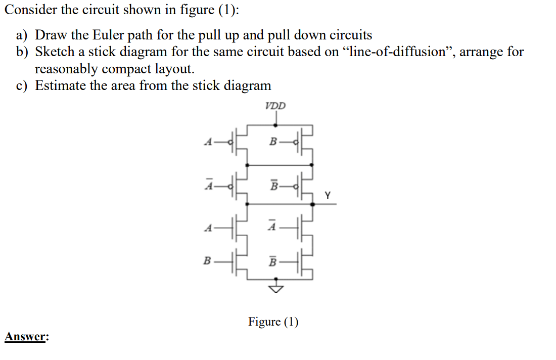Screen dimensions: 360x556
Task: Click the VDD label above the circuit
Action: point(275,106)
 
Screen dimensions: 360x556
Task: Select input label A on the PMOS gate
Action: point(207,142)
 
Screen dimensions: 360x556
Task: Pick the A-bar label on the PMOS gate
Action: point(207,186)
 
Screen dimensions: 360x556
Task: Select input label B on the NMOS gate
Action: point(207,262)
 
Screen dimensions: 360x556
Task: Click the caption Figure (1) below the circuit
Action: point(273,322)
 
